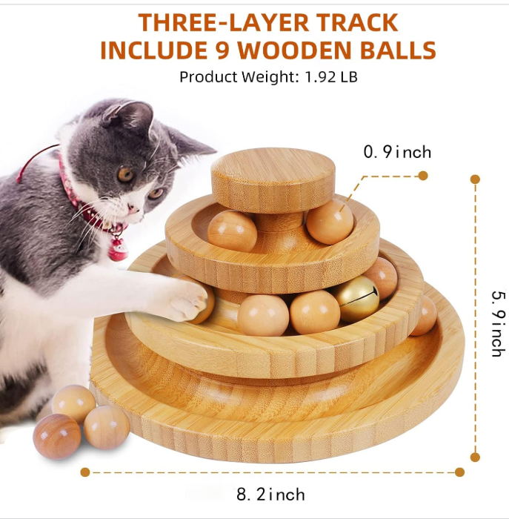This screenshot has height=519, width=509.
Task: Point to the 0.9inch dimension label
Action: [396, 153]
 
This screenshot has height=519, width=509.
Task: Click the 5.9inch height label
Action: [497, 322]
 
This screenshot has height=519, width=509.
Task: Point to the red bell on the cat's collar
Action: [118, 249]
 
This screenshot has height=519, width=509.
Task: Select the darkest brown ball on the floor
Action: [57, 435]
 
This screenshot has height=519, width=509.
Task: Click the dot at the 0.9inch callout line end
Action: [423, 176]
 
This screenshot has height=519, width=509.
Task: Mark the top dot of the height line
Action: [475, 179]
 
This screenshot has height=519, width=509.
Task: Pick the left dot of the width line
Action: [85, 472]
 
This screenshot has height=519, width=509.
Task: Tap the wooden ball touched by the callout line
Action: [330, 221]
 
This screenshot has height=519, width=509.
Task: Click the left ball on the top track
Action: [232, 231]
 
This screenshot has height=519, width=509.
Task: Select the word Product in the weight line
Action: [204, 76]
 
